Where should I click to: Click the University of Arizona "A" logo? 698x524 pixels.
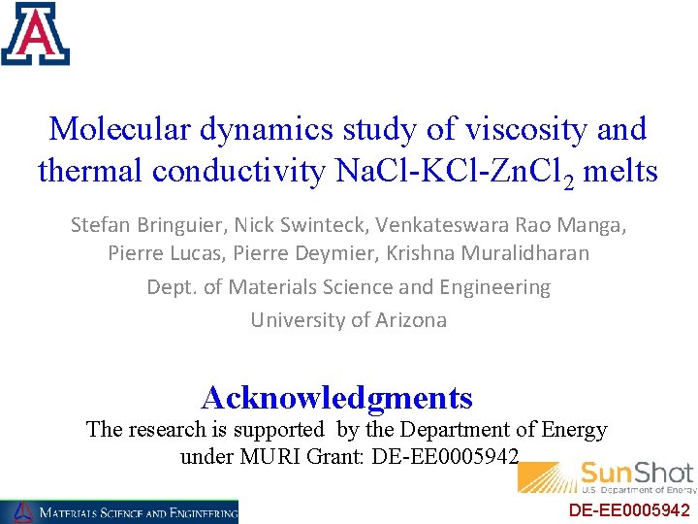click(x=36, y=33)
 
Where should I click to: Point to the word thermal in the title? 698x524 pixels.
click(x=88, y=172)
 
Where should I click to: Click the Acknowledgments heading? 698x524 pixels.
click(x=336, y=397)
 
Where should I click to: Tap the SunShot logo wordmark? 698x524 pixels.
click(x=636, y=474)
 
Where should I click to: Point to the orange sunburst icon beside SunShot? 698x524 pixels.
click(x=547, y=476)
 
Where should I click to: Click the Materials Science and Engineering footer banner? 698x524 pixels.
click(x=119, y=511)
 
